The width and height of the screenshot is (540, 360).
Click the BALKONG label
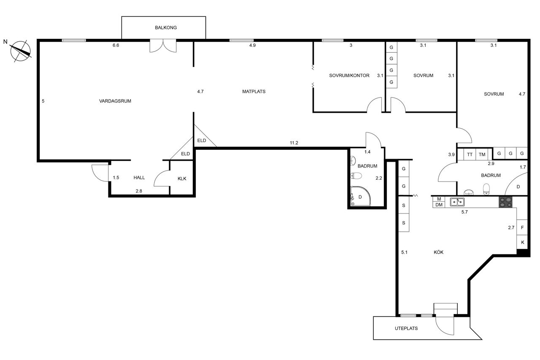point(166,27)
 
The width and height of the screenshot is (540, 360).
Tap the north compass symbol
point(21,51)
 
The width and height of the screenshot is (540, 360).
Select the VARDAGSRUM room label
point(115,101)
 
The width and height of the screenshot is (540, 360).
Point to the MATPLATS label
point(254,92)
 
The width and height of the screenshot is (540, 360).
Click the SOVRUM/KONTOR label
point(349,76)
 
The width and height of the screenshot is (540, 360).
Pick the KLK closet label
point(182,179)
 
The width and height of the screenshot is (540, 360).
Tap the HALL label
point(139,178)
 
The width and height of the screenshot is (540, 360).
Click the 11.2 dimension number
point(294,143)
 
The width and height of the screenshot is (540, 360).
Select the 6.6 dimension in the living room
point(116,45)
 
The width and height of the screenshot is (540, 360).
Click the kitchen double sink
point(457,202)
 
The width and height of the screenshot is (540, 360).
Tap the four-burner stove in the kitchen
point(505,202)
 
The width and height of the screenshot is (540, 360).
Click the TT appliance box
point(470,154)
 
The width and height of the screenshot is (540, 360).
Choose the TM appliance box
point(482,154)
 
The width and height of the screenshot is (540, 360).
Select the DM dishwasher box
point(439,205)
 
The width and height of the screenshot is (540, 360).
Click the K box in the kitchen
point(522,242)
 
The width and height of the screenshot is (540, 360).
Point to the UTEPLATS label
point(406,328)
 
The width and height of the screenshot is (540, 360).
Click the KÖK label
point(438,252)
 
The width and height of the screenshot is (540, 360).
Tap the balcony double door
point(163,46)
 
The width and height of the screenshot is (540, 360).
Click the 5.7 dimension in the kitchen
point(464,212)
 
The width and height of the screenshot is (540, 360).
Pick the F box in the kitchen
point(522,227)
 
